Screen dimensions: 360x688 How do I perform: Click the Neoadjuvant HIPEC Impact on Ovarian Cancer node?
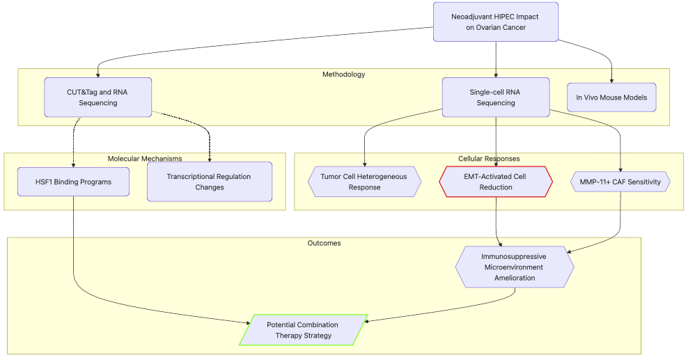pos(496,22)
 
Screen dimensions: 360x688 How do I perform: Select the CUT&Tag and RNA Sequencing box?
pos(97,97)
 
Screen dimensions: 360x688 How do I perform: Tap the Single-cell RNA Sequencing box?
pos(496,97)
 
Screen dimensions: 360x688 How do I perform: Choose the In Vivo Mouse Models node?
pos(611,97)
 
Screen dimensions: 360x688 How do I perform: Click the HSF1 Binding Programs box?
pos(73,182)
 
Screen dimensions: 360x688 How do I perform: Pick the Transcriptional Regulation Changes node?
pos(209,182)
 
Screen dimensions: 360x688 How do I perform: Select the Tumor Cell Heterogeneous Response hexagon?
pos(364,182)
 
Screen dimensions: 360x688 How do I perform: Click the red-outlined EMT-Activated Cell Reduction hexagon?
pos(496,182)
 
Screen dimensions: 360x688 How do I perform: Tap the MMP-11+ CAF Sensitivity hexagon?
pos(620,182)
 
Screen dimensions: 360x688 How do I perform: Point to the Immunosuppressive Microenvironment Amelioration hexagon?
pos(515,267)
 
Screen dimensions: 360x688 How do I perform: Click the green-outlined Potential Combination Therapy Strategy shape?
pos(303,330)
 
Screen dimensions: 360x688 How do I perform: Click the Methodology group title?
pos(343,74)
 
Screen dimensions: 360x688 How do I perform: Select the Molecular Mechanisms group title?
pos(145,159)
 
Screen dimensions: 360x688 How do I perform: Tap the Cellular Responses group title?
pos(489,159)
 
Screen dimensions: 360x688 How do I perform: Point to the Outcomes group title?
pos(324,243)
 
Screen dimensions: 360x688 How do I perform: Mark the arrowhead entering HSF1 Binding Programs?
pos(73,165)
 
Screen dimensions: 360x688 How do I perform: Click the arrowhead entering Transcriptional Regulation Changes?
pos(209,159)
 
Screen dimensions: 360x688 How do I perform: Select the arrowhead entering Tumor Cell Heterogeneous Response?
pos(364,164)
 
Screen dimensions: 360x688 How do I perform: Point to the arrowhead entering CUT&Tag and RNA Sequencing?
pos(97,75)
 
